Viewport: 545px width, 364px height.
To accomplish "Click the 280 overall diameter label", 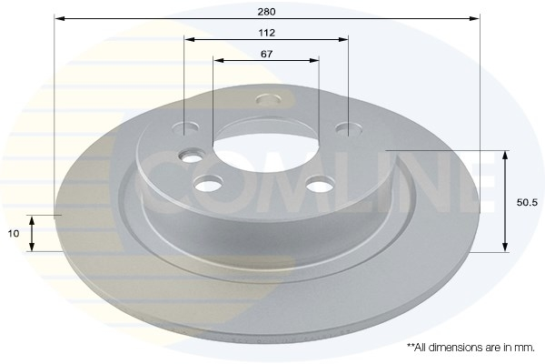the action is click(266, 12).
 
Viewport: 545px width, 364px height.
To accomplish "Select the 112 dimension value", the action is click(266, 33).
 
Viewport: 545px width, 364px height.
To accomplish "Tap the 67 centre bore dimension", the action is click(266, 54).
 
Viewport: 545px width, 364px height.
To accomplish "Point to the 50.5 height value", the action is click(527, 202).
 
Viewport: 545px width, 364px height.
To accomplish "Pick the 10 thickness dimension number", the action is click(14, 233).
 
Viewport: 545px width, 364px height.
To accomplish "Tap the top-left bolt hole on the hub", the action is click(186, 127).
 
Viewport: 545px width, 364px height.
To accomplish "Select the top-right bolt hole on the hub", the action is click(349, 128).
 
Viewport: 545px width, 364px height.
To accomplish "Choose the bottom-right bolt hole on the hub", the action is click(320, 184).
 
